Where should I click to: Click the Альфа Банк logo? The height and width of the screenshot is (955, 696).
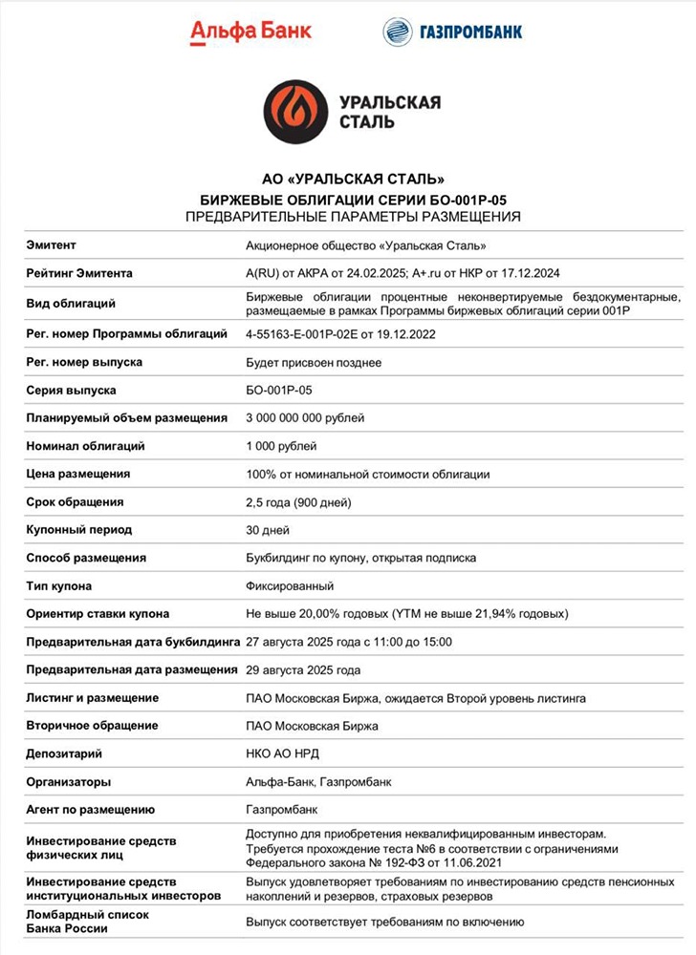pyautogui.click(x=250, y=32)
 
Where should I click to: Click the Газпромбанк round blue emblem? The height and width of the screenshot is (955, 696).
pyautogui.click(x=397, y=32)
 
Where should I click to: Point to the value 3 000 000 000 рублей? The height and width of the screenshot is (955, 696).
pyautogui.click(x=305, y=418)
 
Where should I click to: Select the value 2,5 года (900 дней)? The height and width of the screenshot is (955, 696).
pyautogui.click(x=298, y=502)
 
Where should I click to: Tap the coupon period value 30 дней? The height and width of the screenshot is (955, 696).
pyautogui.click(x=268, y=530)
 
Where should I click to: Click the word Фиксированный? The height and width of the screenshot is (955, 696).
pyautogui.click(x=291, y=585)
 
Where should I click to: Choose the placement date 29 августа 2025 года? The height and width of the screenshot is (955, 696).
pyautogui.click(x=303, y=669)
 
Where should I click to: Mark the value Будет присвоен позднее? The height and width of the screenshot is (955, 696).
pyautogui.click(x=314, y=363)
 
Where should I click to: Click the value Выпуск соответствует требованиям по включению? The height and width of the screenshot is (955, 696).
pyautogui.click(x=385, y=923)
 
